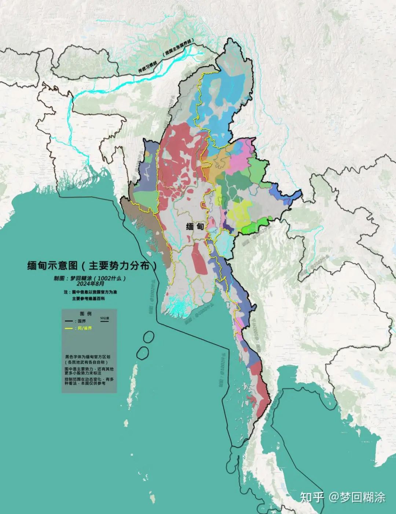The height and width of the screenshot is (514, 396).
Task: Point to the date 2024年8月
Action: pyautogui.click(x=90, y=284)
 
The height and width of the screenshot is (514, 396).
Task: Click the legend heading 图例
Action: pyautogui.click(x=85, y=314)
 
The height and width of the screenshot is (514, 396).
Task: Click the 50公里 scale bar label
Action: pyautogui.click(x=104, y=318)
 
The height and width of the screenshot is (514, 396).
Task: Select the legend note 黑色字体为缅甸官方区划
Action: pyautogui.click(x=88, y=356)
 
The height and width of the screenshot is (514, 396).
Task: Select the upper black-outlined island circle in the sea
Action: pyautogui.click(x=148, y=337)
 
